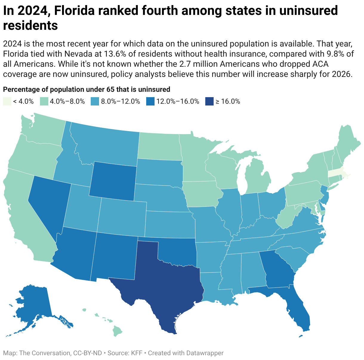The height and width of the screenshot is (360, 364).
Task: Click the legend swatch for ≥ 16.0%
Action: pyautogui.click(x=209, y=101)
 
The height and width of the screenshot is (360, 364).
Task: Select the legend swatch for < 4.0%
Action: pyautogui.click(x=7, y=101)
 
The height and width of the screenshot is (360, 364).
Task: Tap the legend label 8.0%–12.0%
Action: pyautogui.click(x=121, y=102)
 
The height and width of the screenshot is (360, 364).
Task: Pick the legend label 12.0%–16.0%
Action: pyautogui.click(x=178, y=102)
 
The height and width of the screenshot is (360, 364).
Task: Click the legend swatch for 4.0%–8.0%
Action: pyautogui.click(x=44, y=101)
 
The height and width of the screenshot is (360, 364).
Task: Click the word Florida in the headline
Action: pyautogui.click(x=74, y=10)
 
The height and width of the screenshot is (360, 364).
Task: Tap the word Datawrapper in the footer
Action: pyautogui.click(x=205, y=353)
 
